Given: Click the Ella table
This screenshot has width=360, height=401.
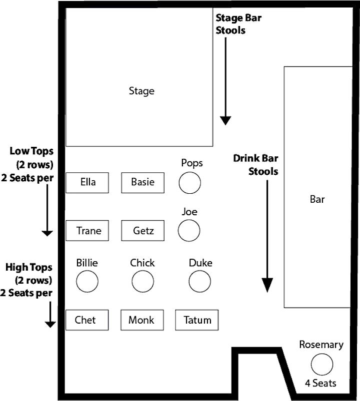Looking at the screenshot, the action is (87, 183).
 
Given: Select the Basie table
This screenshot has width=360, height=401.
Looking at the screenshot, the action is (142, 183).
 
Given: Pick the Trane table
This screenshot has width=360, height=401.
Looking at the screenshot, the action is (87, 230).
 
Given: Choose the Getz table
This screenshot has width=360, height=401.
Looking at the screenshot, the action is (142, 230).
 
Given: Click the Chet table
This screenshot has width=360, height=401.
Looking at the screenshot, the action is (87, 320).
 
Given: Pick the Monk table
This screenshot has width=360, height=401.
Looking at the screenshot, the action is (142, 320).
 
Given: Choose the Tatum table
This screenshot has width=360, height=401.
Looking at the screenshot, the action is (197, 320).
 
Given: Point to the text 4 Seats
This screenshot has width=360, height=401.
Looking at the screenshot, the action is (320, 383).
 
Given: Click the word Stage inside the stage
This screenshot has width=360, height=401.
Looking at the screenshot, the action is (141, 91).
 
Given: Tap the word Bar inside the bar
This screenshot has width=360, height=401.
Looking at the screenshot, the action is (317, 199).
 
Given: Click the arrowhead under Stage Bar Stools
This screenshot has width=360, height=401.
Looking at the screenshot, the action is (225, 121).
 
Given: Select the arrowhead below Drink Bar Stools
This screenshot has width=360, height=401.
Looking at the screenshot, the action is (267, 285).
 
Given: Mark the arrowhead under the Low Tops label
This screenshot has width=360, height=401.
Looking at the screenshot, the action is (47, 233).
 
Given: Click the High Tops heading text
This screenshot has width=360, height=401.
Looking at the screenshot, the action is (28, 267).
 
